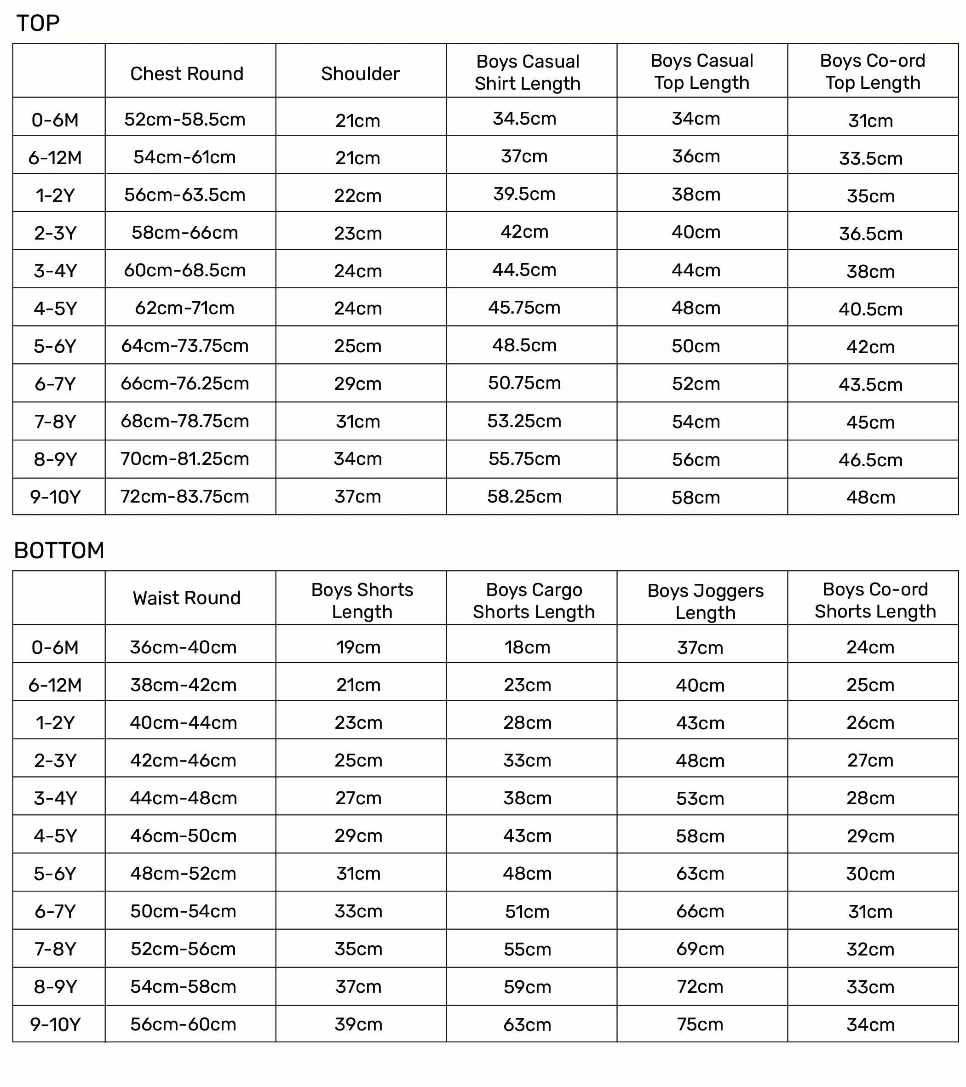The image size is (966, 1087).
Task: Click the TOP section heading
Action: click(38, 23)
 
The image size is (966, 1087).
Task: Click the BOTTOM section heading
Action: click(59, 550)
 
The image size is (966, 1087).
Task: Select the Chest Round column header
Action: click(187, 74)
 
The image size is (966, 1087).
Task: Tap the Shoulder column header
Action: click(360, 74)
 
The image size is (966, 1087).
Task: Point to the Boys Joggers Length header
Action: click(705, 601)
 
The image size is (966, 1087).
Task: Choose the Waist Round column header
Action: click(187, 598)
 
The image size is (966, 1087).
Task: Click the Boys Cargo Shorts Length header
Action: click(534, 601)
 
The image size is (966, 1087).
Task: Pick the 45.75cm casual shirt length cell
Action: click(524, 307)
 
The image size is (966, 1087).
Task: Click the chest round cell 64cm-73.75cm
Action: click(184, 346)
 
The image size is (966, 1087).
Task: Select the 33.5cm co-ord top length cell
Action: click(870, 158)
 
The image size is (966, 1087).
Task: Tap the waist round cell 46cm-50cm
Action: click(184, 835)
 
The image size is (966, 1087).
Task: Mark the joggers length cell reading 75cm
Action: click(700, 1024)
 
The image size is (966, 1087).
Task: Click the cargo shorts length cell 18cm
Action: click(527, 647)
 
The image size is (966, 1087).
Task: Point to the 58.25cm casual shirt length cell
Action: click(524, 497)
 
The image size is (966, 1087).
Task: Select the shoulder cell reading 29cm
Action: click(357, 383)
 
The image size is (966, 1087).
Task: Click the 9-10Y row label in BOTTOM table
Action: click(55, 1024)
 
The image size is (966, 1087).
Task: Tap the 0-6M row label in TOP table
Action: click(55, 120)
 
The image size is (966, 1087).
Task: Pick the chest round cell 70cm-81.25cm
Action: click(184, 459)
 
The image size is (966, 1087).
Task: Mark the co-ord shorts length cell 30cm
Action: click(870, 874)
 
